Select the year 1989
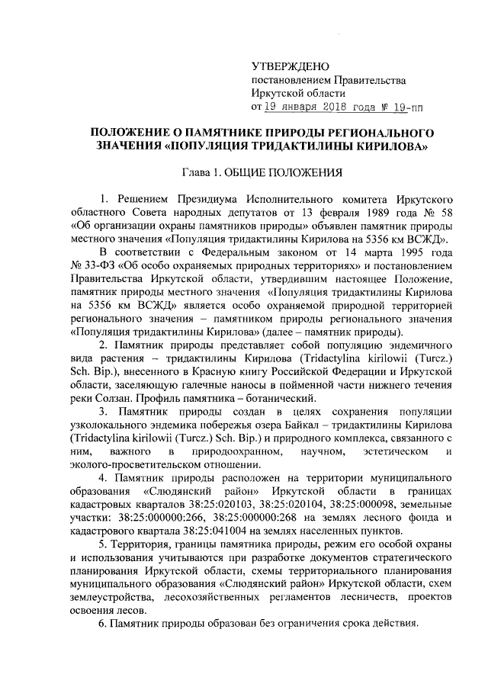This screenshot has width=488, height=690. [368, 214]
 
